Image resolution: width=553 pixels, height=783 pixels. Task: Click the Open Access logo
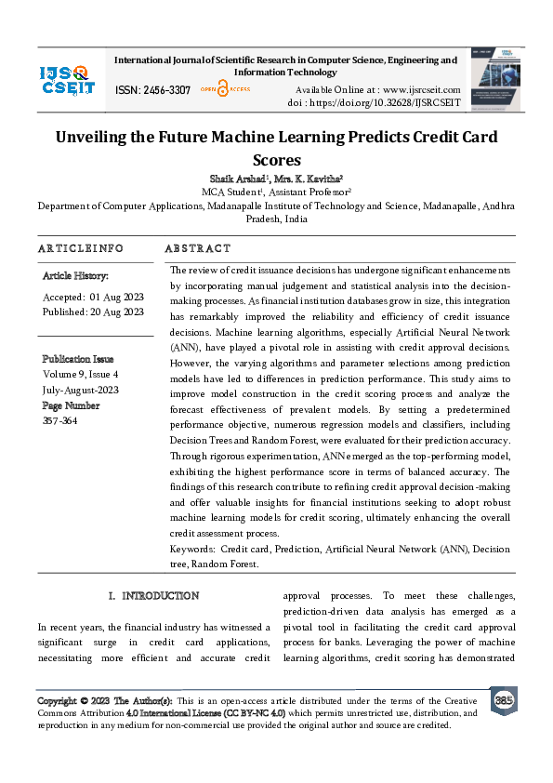(221, 89)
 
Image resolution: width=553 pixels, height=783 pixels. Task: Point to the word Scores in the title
(277, 160)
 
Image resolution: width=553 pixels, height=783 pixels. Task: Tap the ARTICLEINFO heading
(81, 249)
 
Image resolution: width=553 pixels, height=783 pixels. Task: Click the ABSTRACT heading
(197, 249)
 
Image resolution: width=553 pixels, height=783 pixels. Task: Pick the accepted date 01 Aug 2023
(115, 297)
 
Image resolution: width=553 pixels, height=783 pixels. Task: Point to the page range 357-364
(60, 420)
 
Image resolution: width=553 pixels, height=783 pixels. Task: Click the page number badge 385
(503, 699)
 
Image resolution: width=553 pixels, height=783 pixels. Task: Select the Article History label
(76, 276)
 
